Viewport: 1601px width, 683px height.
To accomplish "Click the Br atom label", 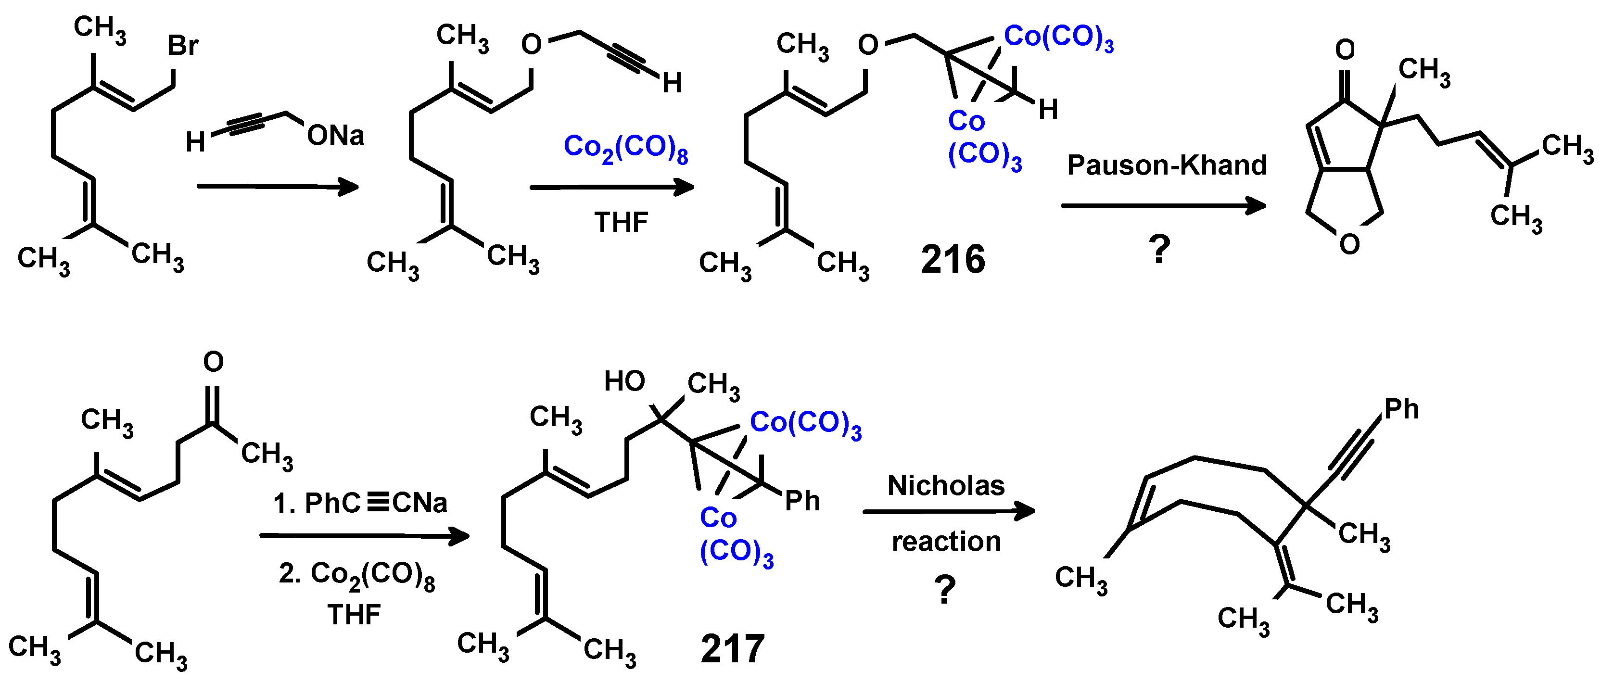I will tap(183, 45).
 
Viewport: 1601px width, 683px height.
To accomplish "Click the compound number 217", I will tap(732, 649).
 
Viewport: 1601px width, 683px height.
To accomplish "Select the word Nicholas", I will tap(945, 485).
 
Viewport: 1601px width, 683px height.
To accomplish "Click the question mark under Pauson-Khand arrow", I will tap(1159, 250).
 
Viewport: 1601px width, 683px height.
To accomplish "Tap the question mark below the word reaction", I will tap(945, 590).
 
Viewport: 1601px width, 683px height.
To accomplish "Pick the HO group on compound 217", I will tap(624, 381).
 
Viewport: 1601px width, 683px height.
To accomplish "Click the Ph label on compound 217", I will tap(802, 501).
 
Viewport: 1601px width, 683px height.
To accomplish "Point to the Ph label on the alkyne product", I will tap(1401, 409).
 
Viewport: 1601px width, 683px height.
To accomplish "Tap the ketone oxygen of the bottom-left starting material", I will tap(213, 361).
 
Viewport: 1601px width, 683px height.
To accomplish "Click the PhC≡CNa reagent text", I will tap(360, 503).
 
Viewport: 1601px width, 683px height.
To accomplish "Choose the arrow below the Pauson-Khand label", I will tap(1163, 206).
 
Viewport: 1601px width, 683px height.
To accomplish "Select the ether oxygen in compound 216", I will tap(868, 45).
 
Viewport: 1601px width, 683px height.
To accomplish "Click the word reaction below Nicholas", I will tap(946, 541).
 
